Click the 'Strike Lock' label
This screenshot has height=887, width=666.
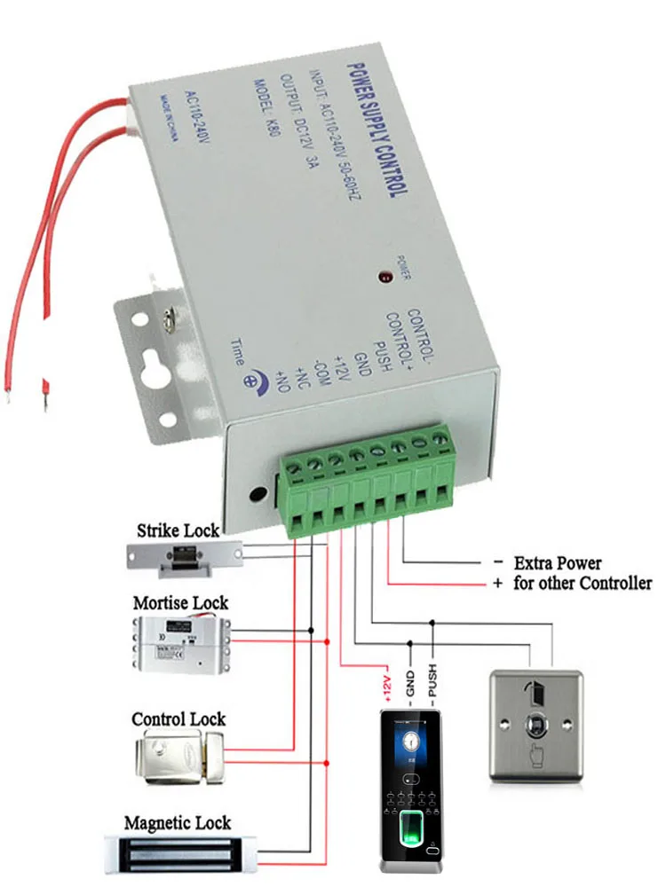178,531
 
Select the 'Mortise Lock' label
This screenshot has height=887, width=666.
180,603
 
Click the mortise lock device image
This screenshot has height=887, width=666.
183,643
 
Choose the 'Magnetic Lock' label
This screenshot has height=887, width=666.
178,823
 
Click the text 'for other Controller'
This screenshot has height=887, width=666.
583,584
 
